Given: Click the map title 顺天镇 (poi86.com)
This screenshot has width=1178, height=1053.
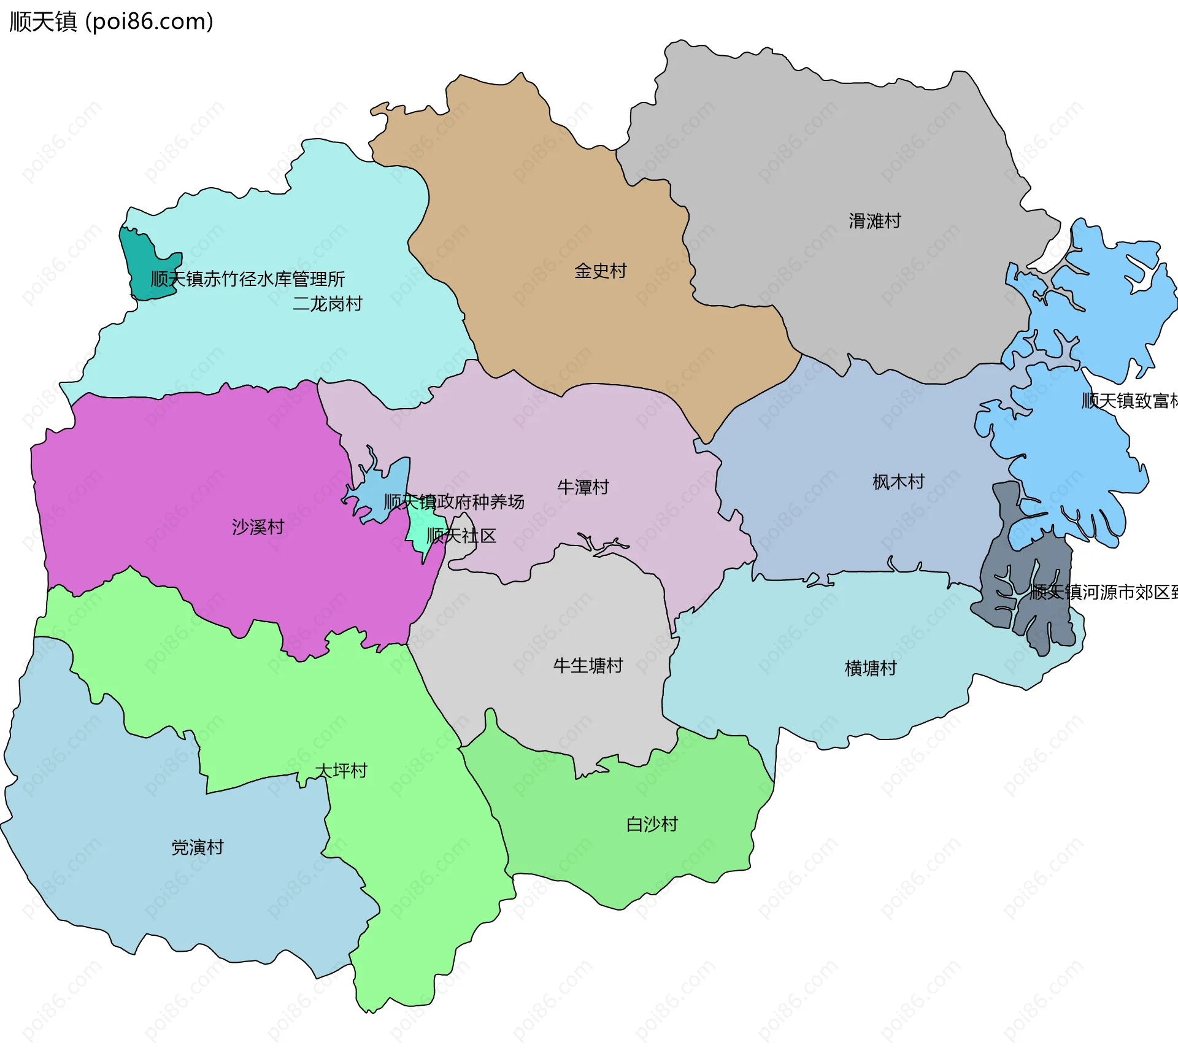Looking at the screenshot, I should point(111,22).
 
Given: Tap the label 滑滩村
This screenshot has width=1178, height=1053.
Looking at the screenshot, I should point(874,221).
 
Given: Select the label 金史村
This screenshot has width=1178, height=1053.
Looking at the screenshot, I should point(600,271).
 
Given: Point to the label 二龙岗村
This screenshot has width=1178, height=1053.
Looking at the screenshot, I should point(327,304).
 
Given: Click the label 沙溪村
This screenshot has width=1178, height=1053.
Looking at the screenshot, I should point(258,527).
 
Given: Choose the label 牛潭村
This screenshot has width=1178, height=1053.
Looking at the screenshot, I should point(583,487).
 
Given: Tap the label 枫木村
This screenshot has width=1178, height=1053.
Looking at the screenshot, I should point(898,482).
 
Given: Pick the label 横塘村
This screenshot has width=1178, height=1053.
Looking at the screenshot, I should point(871,668).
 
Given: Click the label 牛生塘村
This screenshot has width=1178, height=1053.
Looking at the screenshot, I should point(588,666).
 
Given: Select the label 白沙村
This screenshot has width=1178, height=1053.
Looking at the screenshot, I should point(652,824).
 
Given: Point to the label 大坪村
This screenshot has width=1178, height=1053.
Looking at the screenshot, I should point(341,771).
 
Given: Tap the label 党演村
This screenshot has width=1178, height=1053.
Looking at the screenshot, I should point(198,847).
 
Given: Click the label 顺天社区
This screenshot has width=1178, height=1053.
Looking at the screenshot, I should point(461,536).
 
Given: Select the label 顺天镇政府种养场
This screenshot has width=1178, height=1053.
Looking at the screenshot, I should point(454,502).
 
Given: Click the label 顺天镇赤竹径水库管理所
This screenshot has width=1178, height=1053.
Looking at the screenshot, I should point(248,279).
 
